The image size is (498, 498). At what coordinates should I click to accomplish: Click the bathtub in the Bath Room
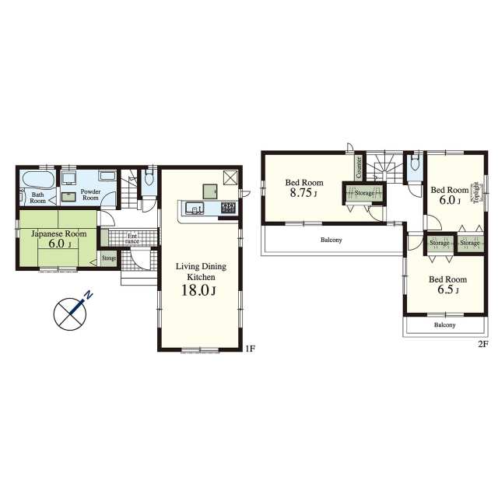pos(37,181)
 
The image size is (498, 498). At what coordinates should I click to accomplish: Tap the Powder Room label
pos(90,195)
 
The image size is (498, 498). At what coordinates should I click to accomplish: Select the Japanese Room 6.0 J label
pos(59,239)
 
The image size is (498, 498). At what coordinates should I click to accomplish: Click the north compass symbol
pos(71,313)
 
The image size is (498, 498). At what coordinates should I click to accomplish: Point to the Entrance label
pos(132,239)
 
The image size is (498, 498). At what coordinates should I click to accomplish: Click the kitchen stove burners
pos(228,208)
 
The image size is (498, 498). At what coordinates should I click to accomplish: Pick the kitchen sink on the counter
pos(195,208)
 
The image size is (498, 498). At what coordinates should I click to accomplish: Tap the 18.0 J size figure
pos(198,290)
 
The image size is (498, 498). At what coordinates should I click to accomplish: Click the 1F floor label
pos(250,349)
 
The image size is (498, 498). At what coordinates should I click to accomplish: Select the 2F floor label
pos(482,344)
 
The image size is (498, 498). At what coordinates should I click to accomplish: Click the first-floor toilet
pos(149,178)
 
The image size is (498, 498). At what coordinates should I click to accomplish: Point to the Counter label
pos(359,167)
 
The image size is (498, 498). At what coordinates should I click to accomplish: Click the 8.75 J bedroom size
pos(303,193)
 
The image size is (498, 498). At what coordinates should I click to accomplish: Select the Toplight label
pos(476,192)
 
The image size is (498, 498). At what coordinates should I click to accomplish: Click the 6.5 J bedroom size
pos(447,290)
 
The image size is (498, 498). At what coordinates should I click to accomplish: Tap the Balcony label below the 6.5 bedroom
pos(444,325)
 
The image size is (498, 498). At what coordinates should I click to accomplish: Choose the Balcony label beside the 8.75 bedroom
pos(331,240)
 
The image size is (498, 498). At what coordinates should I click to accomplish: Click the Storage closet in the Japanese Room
pos(109,258)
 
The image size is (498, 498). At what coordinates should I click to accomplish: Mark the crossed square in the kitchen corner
pos(230,177)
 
